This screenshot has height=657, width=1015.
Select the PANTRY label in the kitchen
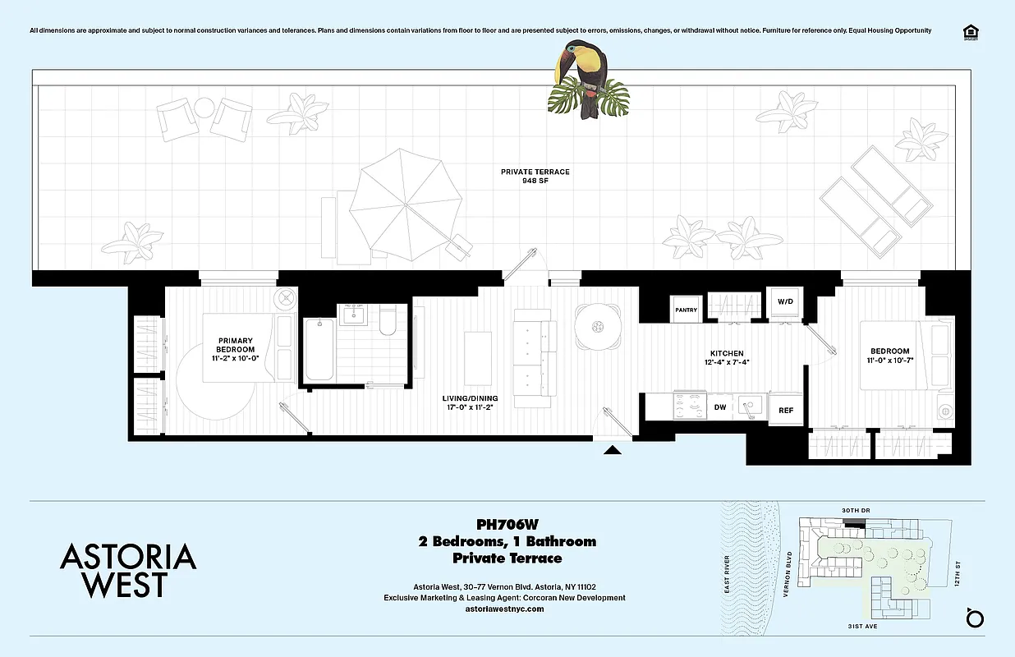(x=686, y=310)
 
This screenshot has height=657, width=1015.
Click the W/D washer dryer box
(x=786, y=302)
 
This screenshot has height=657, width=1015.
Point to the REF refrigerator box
(x=786, y=410)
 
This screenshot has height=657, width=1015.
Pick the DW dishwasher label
(x=719, y=407)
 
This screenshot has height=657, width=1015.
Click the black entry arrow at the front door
(x=613, y=450)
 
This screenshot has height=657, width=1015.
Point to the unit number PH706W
(x=507, y=524)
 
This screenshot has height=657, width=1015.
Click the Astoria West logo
(x=128, y=570)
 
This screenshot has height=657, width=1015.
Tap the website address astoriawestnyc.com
(x=504, y=609)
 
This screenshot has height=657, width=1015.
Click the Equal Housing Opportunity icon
(x=970, y=31)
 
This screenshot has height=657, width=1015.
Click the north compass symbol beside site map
(x=974, y=617)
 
